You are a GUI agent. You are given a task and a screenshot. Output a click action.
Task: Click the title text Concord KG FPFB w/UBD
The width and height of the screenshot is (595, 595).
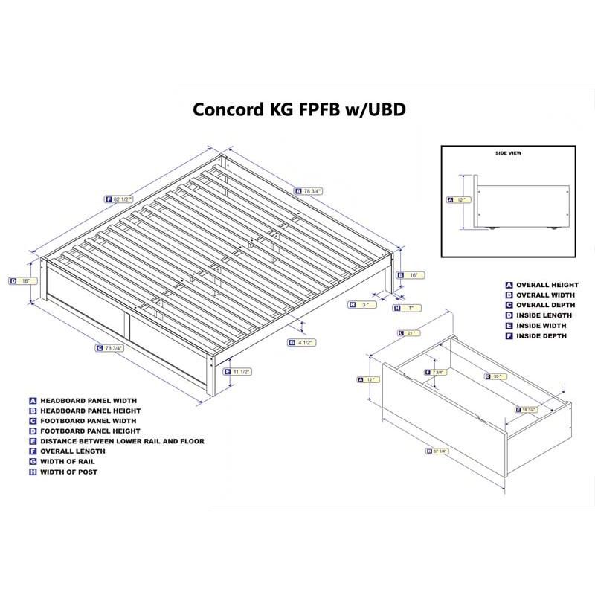click(299, 109)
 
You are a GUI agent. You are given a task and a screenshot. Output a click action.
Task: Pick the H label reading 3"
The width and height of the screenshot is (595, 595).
click(360, 305)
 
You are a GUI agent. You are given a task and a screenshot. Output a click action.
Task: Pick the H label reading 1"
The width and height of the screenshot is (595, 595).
click(405, 307)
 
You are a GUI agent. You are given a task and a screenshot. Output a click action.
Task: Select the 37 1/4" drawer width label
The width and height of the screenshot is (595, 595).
click(438, 451)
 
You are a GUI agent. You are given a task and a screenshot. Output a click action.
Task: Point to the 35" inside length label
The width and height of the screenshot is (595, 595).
click(495, 376)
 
